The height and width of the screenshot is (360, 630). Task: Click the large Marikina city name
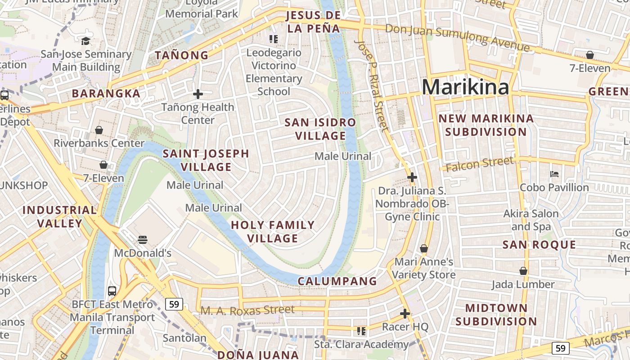[465, 87]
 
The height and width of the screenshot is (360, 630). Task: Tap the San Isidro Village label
[320, 129]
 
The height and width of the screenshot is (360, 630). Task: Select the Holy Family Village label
[273, 231]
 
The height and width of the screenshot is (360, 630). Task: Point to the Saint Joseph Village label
[206, 160]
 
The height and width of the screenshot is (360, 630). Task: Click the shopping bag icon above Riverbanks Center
[99, 130]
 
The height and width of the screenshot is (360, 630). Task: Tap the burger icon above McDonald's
[143, 239]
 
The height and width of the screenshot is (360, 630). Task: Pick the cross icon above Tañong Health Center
[198, 94]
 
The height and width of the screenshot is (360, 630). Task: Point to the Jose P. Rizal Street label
[371, 85]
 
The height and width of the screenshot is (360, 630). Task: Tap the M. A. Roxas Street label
[247, 310]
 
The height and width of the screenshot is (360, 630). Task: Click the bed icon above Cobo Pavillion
[554, 174]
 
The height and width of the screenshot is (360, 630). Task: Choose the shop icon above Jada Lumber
[523, 271]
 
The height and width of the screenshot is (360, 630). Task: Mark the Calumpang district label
[337, 281]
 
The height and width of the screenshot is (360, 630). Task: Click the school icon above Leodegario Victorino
[273, 39]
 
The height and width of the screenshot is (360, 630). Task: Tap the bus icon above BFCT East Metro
[112, 291]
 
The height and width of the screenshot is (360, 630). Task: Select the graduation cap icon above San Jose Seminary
[85, 41]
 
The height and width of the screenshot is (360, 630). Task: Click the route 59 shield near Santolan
[174, 305]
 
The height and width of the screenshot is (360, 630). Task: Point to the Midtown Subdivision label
[496, 315]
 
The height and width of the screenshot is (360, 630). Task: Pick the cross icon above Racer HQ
[405, 313]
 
